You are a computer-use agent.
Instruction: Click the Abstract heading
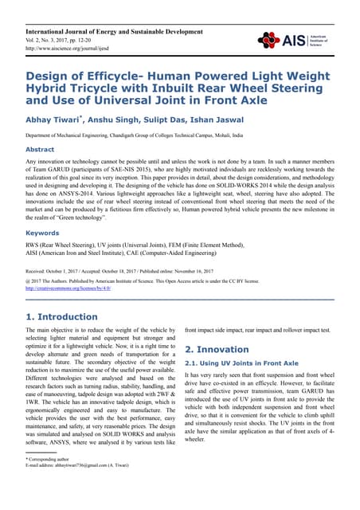coord(41,149)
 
